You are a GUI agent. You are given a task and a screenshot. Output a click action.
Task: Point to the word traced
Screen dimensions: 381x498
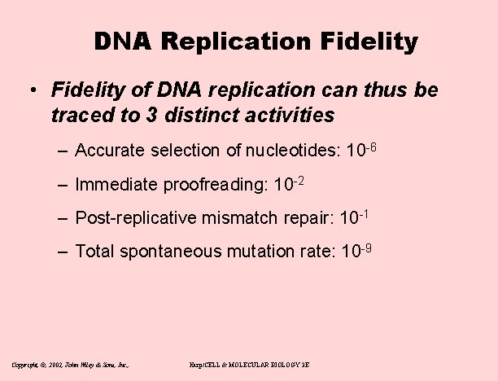[79, 116]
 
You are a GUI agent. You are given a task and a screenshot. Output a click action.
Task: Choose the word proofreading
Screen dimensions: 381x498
[212, 185]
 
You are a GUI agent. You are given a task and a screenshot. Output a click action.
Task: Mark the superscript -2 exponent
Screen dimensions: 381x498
[299, 180]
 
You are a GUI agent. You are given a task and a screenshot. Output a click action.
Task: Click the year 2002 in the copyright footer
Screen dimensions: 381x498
[61, 366]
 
